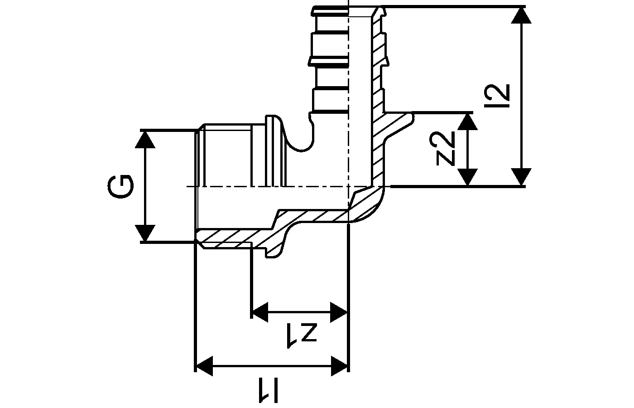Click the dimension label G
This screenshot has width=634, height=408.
click(121, 186)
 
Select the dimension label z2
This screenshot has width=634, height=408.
click(446, 149)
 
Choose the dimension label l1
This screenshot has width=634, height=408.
click(269, 391)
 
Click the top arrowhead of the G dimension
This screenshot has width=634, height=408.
click(145, 139)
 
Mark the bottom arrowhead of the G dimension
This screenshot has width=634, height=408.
click(145, 233)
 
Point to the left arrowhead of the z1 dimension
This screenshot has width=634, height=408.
click(260, 312)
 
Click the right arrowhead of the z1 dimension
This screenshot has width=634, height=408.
click(339, 312)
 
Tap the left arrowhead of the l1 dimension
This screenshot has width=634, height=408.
click(204, 365)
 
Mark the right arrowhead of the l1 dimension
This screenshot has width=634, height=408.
click(340, 365)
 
